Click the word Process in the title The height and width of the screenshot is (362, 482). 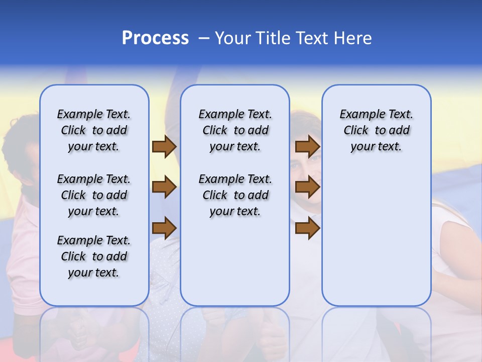(155, 38)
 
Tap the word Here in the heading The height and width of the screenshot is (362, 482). (353, 38)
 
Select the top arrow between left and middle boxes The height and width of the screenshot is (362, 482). (164, 147)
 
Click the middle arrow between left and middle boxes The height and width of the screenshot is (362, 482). (164, 187)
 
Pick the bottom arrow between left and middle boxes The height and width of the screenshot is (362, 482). (164, 228)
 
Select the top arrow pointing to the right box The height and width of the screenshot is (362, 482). (307, 147)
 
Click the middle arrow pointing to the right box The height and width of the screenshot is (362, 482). (307, 187)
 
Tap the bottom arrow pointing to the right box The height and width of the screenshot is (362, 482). (307, 228)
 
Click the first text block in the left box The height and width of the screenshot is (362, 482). (94, 130)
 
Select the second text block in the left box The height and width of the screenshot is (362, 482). (94, 195)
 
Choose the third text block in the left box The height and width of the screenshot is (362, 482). (94, 256)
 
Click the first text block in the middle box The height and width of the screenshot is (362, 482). (235, 130)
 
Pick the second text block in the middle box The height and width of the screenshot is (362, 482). (235, 195)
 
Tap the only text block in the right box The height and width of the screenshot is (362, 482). (376, 130)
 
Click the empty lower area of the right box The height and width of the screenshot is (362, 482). (376, 236)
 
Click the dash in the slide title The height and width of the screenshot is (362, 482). (204, 38)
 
